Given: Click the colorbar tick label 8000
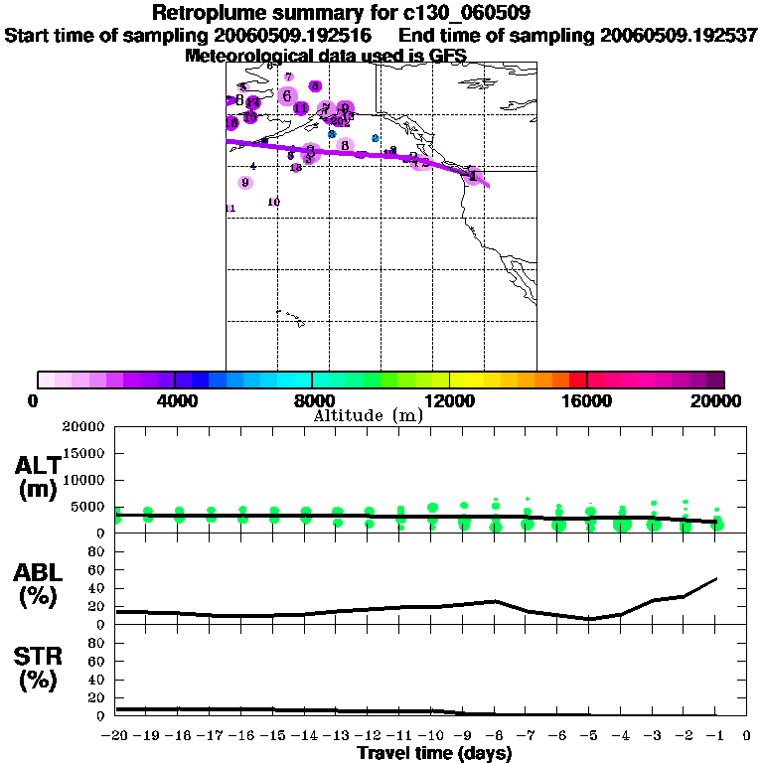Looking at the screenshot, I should tap(312, 401).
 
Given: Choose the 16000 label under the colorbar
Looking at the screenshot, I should tap(587, 401).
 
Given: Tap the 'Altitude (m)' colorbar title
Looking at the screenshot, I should tap(368, 415).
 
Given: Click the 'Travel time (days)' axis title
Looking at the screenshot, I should tap(434, 753).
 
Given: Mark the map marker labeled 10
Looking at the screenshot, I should tap(274, 202).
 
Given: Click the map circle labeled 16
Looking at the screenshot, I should tap(232, 123).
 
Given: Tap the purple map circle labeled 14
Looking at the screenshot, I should tap(253, 102).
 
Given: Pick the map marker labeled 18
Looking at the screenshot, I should tap(296, 168).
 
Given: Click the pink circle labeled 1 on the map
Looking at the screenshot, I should tap(474, 176).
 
